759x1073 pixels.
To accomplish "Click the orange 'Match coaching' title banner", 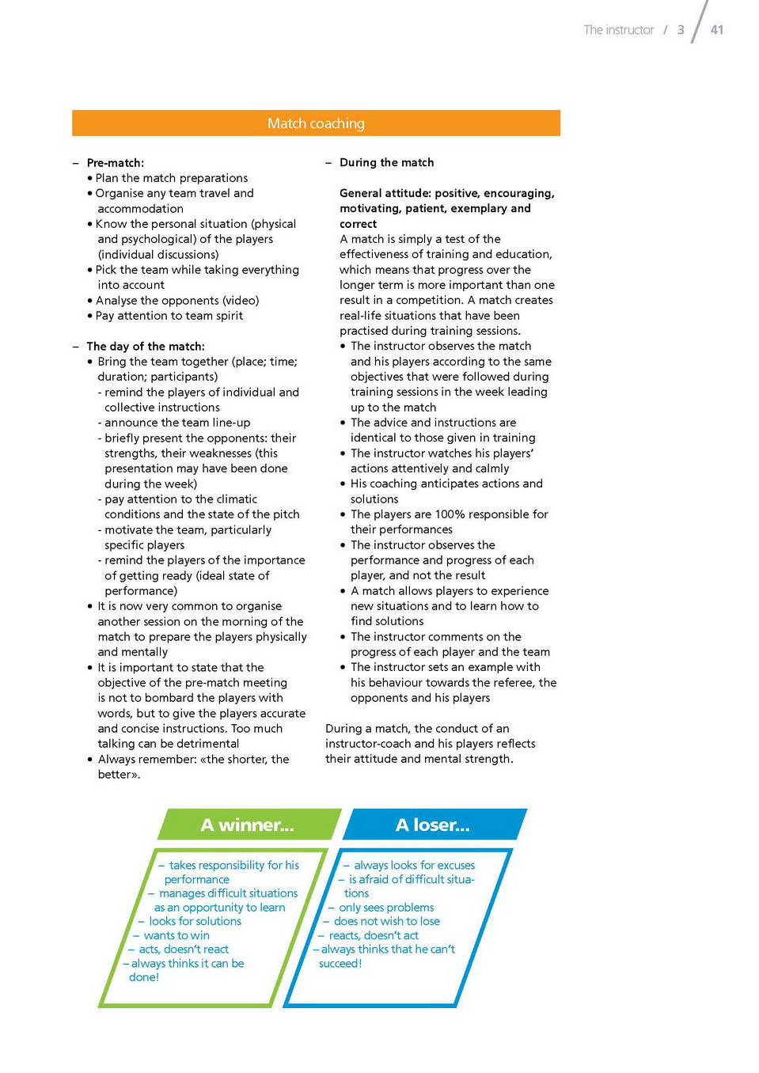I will pos(316,123).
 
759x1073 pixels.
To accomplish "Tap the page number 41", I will pos(717,30).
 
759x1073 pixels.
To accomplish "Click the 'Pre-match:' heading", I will pos(116,163).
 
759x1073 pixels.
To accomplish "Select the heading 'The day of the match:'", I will pos(146,347).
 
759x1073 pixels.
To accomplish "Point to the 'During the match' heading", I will pos(386,163).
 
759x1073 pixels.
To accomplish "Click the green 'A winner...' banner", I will pos(248,825).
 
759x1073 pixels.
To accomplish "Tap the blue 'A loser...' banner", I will pos(433,825).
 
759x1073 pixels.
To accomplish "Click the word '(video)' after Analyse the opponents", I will pos(241,301).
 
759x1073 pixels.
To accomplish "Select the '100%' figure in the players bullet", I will pos(450,514).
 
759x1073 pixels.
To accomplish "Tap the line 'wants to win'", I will pos(176,935).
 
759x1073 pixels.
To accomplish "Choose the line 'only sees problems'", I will pos(386,908).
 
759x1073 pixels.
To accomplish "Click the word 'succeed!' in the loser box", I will pos(340,964).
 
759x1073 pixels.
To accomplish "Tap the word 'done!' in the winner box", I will pos(144,977).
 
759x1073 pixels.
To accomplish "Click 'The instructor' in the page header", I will pos(619,30).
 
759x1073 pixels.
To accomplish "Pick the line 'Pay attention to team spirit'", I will pos(169,316).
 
